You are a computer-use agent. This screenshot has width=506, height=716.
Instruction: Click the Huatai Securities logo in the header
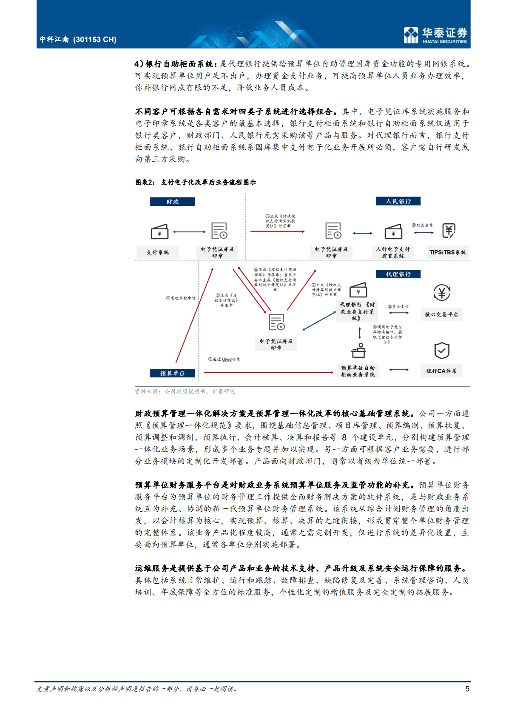pos(435,35)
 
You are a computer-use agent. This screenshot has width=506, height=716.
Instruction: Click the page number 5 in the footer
pos(467,689)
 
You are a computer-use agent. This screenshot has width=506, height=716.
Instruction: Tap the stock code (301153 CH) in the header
pos(95,40)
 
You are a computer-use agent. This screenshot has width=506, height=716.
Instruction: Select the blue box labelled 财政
pos(172,202)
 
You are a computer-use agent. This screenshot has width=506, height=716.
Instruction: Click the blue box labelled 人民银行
pos(398,201)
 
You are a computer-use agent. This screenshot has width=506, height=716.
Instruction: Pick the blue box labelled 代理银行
pos(398,274)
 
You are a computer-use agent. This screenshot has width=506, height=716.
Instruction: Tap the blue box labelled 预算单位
pos(172,374)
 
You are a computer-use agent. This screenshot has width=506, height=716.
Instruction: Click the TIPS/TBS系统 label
pos(447,252)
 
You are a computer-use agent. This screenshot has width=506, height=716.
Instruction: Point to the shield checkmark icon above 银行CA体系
pos(442,351)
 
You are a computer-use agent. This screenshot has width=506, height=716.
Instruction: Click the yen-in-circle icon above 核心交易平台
pos(442,293)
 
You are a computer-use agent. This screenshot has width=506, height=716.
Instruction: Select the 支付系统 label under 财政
pos(158,252)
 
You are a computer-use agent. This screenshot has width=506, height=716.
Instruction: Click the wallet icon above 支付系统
pos(160,231)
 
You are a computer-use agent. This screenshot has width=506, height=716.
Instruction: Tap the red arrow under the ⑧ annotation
pos(277,231)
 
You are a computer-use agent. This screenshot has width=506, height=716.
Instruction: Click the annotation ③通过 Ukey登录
pos(224,359)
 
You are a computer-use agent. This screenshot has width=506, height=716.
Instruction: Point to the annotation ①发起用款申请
pos(181,298)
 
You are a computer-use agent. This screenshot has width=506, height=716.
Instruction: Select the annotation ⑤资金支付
pos(398,306)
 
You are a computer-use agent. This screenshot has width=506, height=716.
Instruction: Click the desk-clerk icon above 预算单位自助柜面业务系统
pos(358,351)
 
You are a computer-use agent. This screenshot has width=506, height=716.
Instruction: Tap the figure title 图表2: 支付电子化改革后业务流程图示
pos(196,182)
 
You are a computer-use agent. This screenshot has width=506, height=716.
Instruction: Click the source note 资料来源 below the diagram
pos(185,391)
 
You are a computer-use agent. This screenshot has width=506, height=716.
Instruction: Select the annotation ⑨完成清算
pos(422,225)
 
